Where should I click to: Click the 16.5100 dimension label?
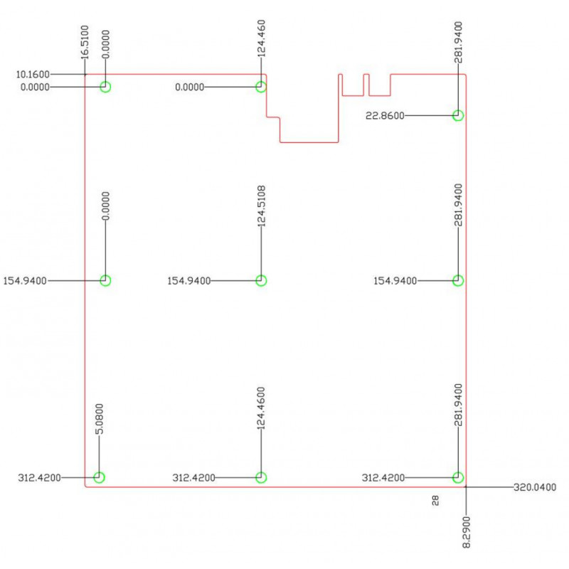tap(84, 42)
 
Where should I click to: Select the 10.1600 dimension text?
tap(33, 75)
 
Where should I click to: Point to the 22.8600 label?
tap(385, 116)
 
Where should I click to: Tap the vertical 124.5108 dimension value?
tap(261, 206)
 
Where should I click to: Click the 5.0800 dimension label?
tap(99, 419)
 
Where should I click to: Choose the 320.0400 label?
tap(535, 487)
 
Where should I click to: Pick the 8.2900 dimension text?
tap(467, 532)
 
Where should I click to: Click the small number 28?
tap(435, 501)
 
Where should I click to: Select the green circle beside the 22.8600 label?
tap(458, 115)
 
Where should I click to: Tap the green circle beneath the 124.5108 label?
tap(261, 280)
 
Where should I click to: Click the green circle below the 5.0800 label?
tap(99, 477)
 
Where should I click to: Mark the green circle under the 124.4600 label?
tap(261, 477)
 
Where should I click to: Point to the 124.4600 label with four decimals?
tap(261, 408)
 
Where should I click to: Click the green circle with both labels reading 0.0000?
tap(105, 87)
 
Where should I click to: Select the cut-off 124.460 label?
tap(261, 38)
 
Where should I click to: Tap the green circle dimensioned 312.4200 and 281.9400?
tap(458, 477)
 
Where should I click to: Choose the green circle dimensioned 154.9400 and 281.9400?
tap(458, 280)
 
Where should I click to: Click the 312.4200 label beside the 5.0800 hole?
tap(40, 477)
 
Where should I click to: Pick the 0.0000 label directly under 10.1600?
tap(35, 87)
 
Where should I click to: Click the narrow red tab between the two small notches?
tap(366, 85)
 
